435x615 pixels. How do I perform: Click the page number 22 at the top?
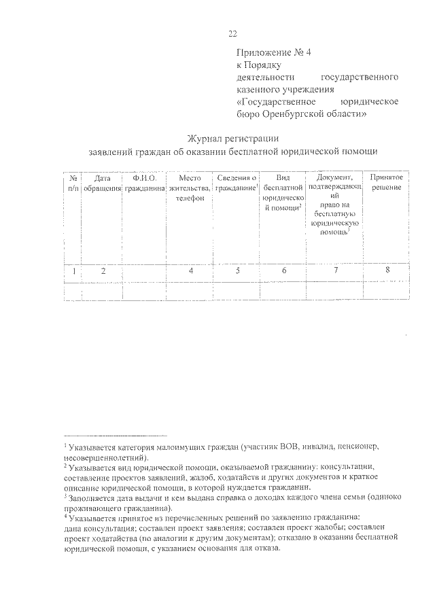[232, 34]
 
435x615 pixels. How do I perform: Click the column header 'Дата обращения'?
[102, 182]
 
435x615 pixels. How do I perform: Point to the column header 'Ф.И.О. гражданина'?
[145, 182]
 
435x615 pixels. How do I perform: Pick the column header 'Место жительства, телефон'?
[190, 187]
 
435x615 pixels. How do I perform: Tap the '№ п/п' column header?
[73, 182]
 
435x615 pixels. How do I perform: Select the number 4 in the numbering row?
[191, 271]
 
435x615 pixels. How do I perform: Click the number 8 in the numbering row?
[387, 270]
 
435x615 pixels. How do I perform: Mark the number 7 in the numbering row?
[335, 271]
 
